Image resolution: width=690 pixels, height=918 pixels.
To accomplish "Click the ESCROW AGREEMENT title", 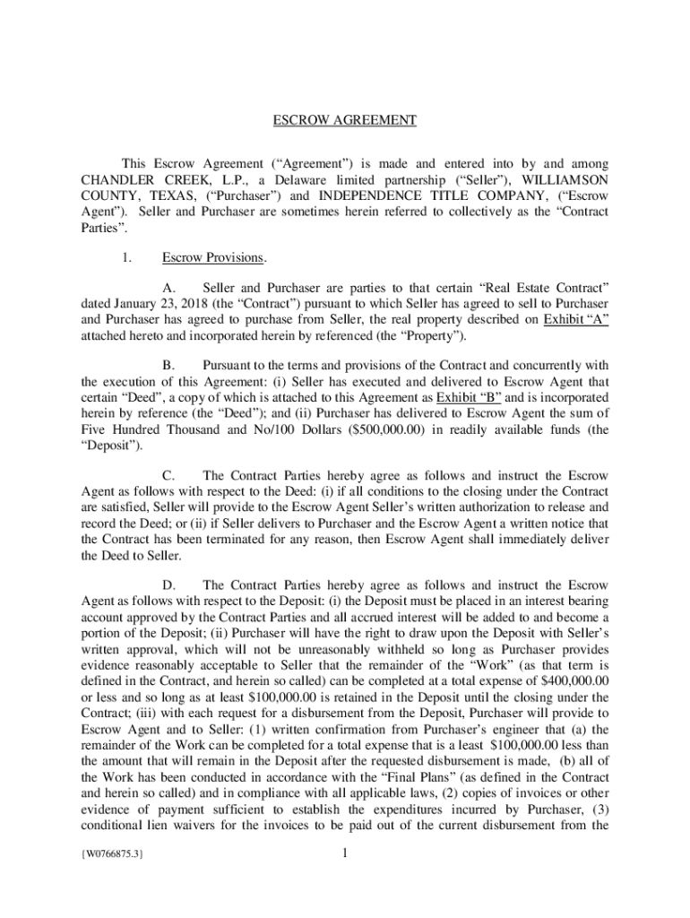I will [x=345, y=120].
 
